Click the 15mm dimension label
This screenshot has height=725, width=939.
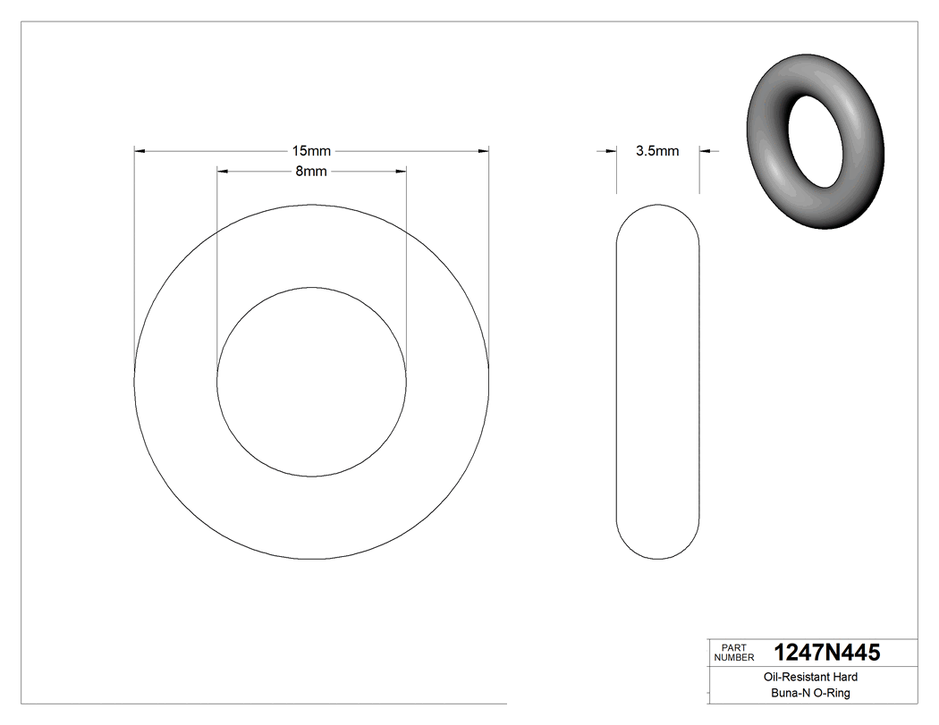pos(311,152)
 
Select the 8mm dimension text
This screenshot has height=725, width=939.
pos(311,172)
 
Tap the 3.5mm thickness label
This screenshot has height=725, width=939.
pos(657,151)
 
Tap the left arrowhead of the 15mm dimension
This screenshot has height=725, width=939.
pos(140,152)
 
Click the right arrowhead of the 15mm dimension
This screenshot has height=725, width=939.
pos(483,152)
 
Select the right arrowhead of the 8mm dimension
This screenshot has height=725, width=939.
pos(401,171)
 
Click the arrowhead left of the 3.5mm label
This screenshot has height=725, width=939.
pos(612,152)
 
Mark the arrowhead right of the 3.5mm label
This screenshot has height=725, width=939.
pos(705,152)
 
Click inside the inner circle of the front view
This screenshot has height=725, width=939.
pos(311,382)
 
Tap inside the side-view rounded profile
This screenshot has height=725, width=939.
pos(658,382)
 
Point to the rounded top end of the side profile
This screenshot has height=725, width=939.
pos(658,210)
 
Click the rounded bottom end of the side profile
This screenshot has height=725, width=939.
pos(658,554)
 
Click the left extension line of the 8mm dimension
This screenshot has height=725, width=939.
pos(217,268)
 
